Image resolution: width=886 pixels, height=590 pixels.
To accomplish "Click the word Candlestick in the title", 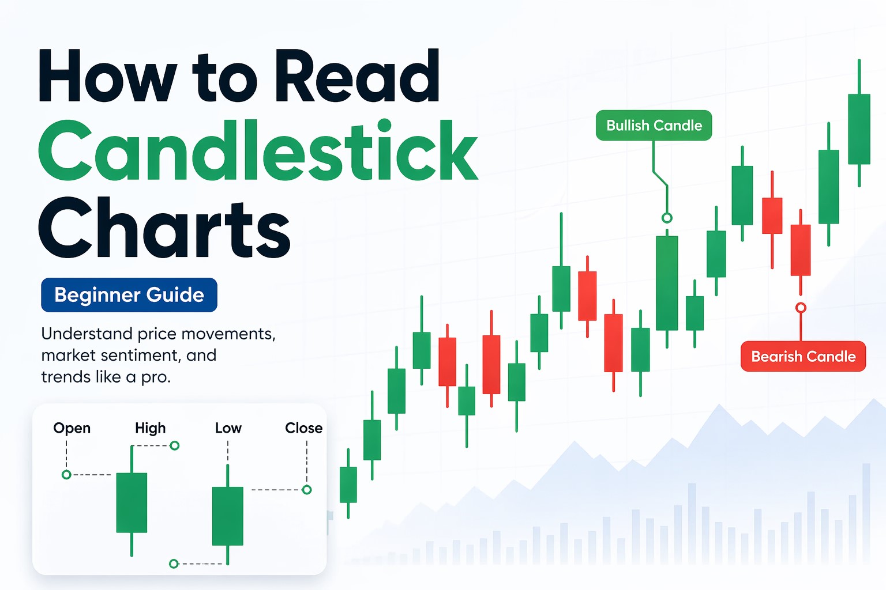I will (x=258, y=151).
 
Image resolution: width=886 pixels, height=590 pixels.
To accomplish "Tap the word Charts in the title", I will (x=164, y=228).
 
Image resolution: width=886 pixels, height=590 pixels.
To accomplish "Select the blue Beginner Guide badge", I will (x=129, y=295).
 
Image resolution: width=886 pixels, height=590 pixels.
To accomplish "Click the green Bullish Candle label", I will (x=654, y=126).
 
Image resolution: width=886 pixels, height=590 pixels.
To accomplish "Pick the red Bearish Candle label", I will (x=803, y=357).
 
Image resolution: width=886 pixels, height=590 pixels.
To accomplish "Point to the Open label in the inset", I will (x=72, y=428).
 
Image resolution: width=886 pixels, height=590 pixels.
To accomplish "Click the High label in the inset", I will (x=150, y=428).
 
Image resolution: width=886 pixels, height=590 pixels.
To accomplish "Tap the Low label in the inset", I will (x=228, y=428).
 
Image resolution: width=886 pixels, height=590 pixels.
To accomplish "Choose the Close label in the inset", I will (x=303, y=428).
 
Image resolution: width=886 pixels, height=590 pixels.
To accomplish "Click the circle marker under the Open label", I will (x=66, y=475).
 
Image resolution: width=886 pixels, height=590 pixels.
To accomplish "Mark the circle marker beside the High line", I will (x=175, y=445).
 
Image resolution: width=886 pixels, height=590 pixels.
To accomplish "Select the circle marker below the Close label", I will (x=307, y=490).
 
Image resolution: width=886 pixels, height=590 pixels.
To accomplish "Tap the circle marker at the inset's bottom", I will (x=174, y=563).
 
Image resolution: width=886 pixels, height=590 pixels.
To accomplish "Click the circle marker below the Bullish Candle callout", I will (x=667, y=218).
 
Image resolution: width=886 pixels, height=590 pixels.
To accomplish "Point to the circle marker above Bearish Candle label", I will (x=801, y=308).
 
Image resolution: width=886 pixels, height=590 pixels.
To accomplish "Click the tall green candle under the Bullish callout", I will (x=667, y=282).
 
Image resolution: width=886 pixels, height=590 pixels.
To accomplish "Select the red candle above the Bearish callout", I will (x=801, y=250).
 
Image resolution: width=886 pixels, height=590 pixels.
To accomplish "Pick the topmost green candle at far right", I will (x=859, y=129).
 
